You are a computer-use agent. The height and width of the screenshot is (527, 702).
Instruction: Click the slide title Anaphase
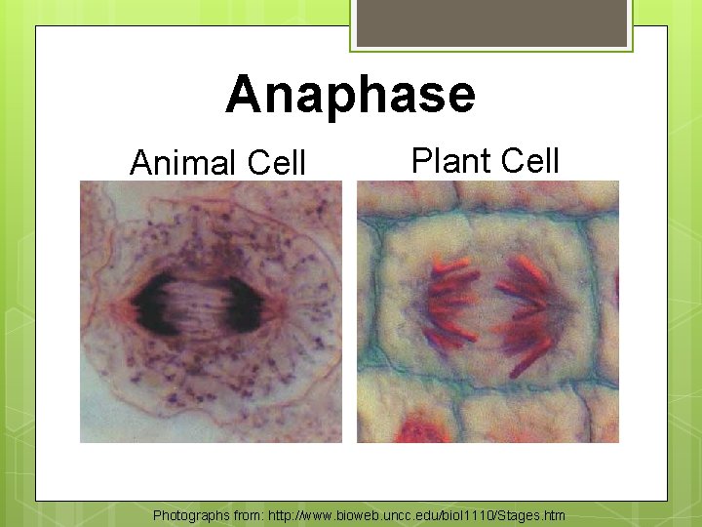tap(350, 96)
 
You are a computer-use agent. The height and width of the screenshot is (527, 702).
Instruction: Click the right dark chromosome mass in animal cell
tap(243, 309)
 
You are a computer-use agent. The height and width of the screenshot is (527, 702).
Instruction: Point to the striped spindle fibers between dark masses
tap(200, 307)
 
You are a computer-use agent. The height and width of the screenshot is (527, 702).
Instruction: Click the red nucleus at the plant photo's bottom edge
tap(421, 432)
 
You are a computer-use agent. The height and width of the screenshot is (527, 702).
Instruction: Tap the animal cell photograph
tap(211, 312)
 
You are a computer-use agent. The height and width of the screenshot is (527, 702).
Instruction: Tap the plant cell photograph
tap(487, 312)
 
